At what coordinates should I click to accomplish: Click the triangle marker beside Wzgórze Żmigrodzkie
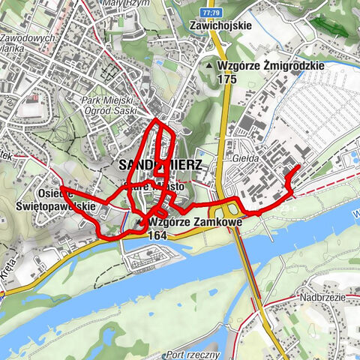pos(209,66)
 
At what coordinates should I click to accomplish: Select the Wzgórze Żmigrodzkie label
pos(271,65)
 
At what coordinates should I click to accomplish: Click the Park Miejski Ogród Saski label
pos(110,104)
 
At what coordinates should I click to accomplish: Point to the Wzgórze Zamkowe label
pos(183,223)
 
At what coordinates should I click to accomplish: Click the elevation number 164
pos(157,235)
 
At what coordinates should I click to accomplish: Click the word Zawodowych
pos(30,38)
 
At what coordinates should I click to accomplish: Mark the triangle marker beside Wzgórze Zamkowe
pos(141,223)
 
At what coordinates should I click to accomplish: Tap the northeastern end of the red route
pos(299,165)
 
